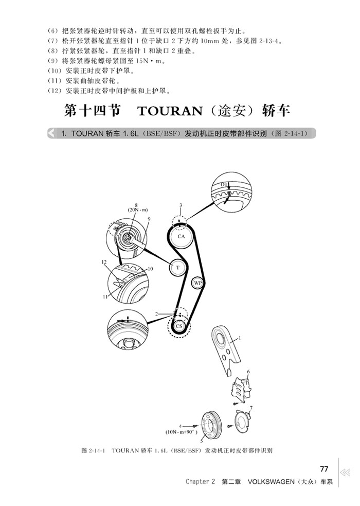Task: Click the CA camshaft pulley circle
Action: click(181, 236)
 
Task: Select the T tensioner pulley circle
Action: click(177, 268)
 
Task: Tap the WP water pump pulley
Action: click(198, 283)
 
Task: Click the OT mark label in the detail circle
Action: click(225, 184)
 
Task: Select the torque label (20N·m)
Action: click(136, 210)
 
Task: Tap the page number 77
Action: click(324, 469)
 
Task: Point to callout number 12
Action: click(104, 262)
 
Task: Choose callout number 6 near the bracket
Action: click(248, 371)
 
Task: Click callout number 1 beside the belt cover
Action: click(239, 339)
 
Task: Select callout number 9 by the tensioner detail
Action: click(148, 219)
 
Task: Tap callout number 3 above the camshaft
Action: click(181, 205)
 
